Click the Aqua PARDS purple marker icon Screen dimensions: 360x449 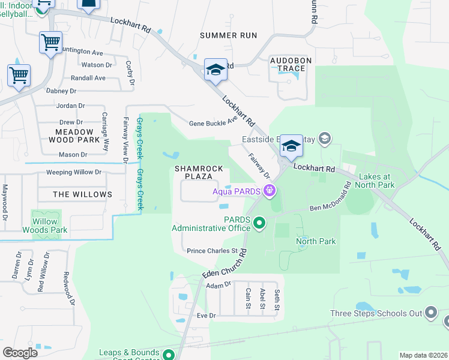click(270, 191)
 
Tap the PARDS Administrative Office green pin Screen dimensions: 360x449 click(259, 223)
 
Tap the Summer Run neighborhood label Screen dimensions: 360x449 click(228, 35)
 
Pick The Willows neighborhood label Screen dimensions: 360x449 click(82, 194)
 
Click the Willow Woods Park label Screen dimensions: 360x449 click(45, 226)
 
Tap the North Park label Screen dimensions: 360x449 click(316, 241)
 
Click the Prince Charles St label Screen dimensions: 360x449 click(212, 251)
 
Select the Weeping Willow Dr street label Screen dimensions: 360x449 click(74, 172)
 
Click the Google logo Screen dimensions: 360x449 click(20, 353)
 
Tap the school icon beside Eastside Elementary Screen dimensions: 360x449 click(325, 139)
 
